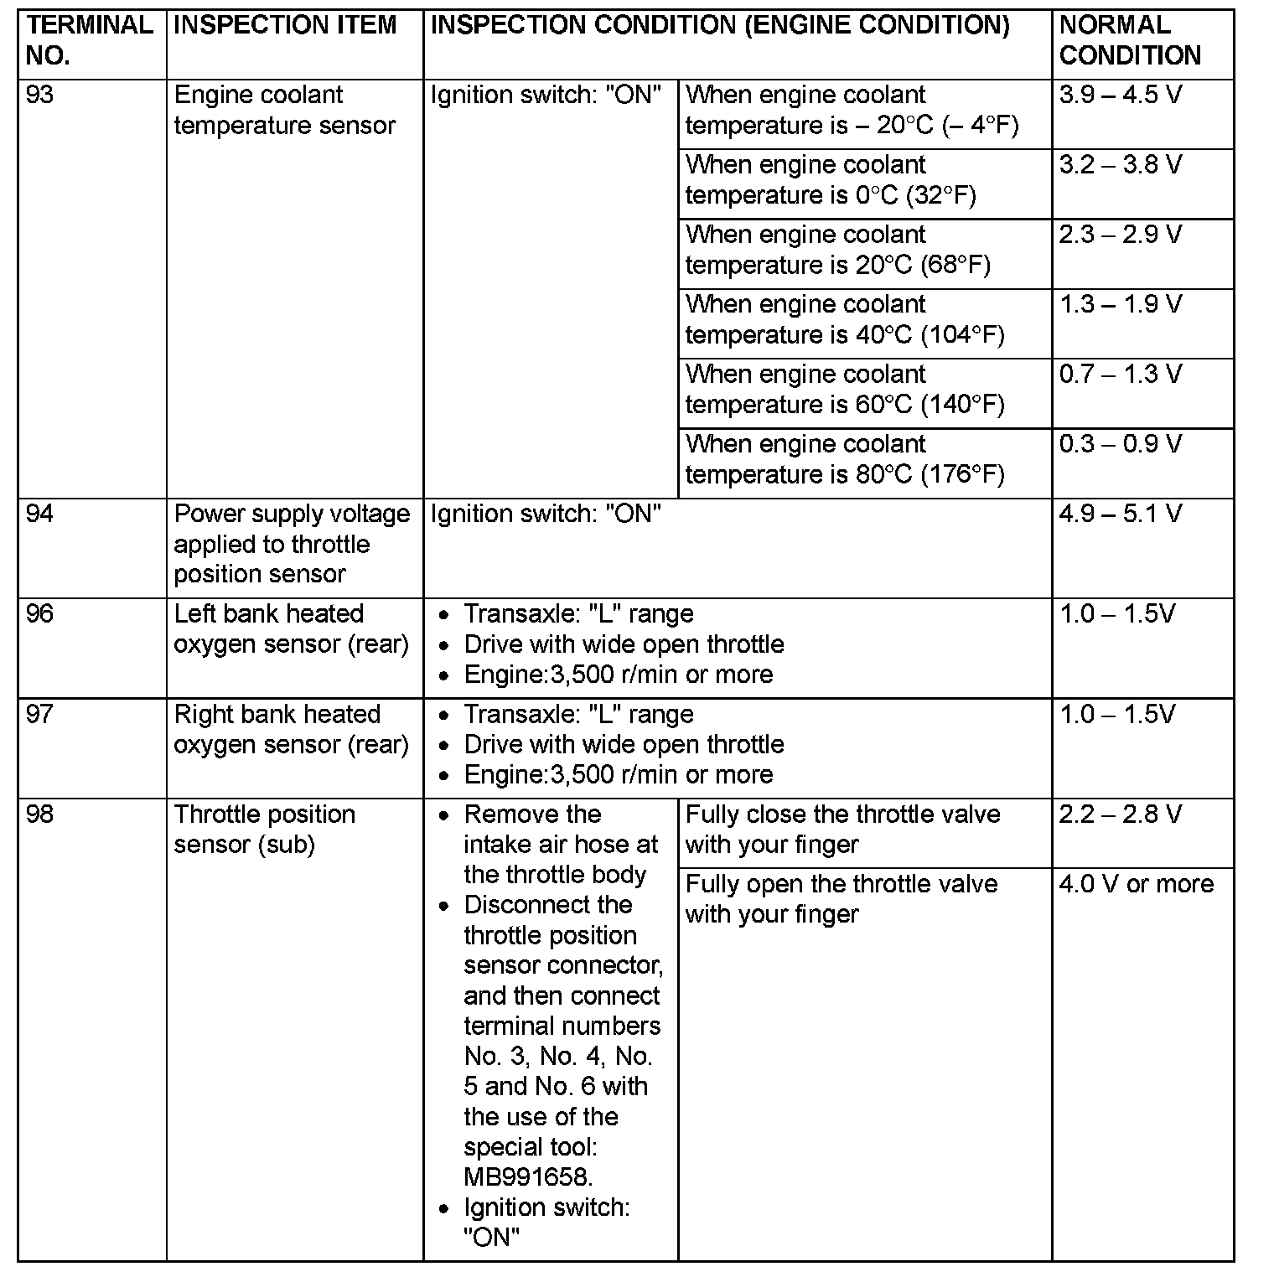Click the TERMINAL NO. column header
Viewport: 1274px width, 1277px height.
(90, 40)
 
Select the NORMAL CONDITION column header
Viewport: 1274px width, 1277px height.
(1129, 40)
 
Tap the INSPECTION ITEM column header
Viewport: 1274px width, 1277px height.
(285, 25)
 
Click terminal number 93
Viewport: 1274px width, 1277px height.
(39, 96)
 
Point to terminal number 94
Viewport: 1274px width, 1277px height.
(39, 514)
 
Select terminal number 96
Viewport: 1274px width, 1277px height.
(39, 614)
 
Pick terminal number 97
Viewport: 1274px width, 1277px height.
(39, 715)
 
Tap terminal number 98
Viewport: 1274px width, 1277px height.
(39, 814)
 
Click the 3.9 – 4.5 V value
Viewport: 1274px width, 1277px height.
(1120, 96)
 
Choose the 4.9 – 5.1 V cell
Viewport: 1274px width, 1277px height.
(1120, 514)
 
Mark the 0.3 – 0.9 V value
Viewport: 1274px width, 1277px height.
(1120, 444)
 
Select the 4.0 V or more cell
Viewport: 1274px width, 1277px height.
(1136, 884)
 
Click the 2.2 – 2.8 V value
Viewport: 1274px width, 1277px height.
(1120, 814)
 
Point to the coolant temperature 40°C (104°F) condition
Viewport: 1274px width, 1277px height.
(844, 320)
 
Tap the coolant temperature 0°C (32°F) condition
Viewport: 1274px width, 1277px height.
(830, 180)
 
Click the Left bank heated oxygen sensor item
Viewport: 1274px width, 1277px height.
(291, 629)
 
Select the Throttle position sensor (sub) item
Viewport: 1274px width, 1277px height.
(264, 830)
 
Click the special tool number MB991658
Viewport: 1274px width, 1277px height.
(527, 1177)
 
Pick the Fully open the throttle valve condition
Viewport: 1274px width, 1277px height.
(841, 899)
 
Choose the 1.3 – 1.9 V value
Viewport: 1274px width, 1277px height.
(1120, 304)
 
